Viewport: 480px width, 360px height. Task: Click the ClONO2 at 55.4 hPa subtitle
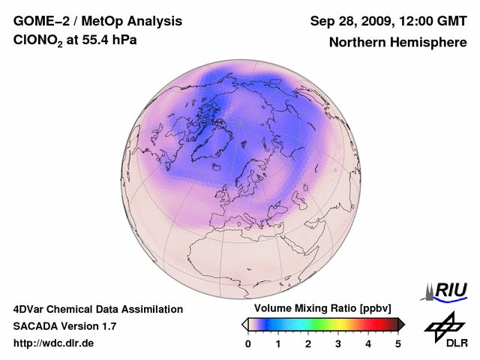point(75,41)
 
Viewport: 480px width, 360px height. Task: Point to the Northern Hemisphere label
point(398,42)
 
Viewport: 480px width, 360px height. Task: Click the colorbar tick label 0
point(248,343)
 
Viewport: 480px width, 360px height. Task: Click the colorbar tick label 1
point(278,343)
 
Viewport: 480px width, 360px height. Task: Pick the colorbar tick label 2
point(308,343)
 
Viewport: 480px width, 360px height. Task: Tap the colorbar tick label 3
point(338,343)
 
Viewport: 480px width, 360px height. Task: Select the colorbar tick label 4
point(368,343)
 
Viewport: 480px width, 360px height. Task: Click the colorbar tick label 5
point(398,343)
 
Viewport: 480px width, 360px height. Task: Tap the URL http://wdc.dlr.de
point(54,343)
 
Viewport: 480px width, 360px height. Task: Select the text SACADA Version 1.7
point(64,326)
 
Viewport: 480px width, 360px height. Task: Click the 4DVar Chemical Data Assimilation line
point(97,309)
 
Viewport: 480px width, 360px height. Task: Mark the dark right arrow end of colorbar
point(401,324)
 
